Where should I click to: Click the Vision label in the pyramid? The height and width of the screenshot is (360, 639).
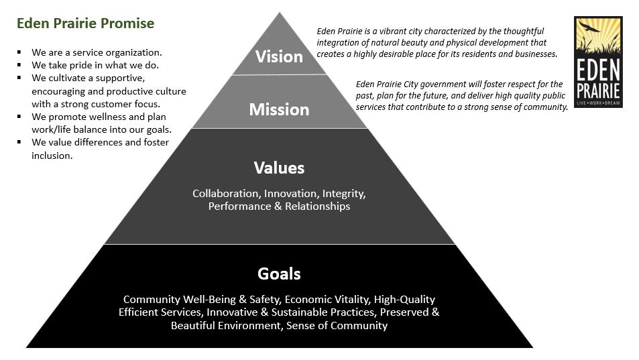tap(279, 56)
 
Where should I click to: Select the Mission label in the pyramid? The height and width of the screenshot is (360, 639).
tap(279, 109)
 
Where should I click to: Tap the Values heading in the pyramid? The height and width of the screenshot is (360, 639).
tap(279, 168)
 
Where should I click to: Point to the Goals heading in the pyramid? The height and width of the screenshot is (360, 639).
tap(279, 274)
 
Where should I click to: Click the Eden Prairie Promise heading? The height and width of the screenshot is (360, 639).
tap(85, 23)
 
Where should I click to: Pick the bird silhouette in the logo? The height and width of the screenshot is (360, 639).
tap(589, 27)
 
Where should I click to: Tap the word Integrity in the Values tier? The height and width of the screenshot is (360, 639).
tap(343, 194)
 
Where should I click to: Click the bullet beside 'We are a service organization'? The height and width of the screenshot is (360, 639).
tap(19, 52)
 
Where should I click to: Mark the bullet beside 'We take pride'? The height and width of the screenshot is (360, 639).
tap(19, 65)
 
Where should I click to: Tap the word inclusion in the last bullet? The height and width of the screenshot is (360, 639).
tap(52, 156)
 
